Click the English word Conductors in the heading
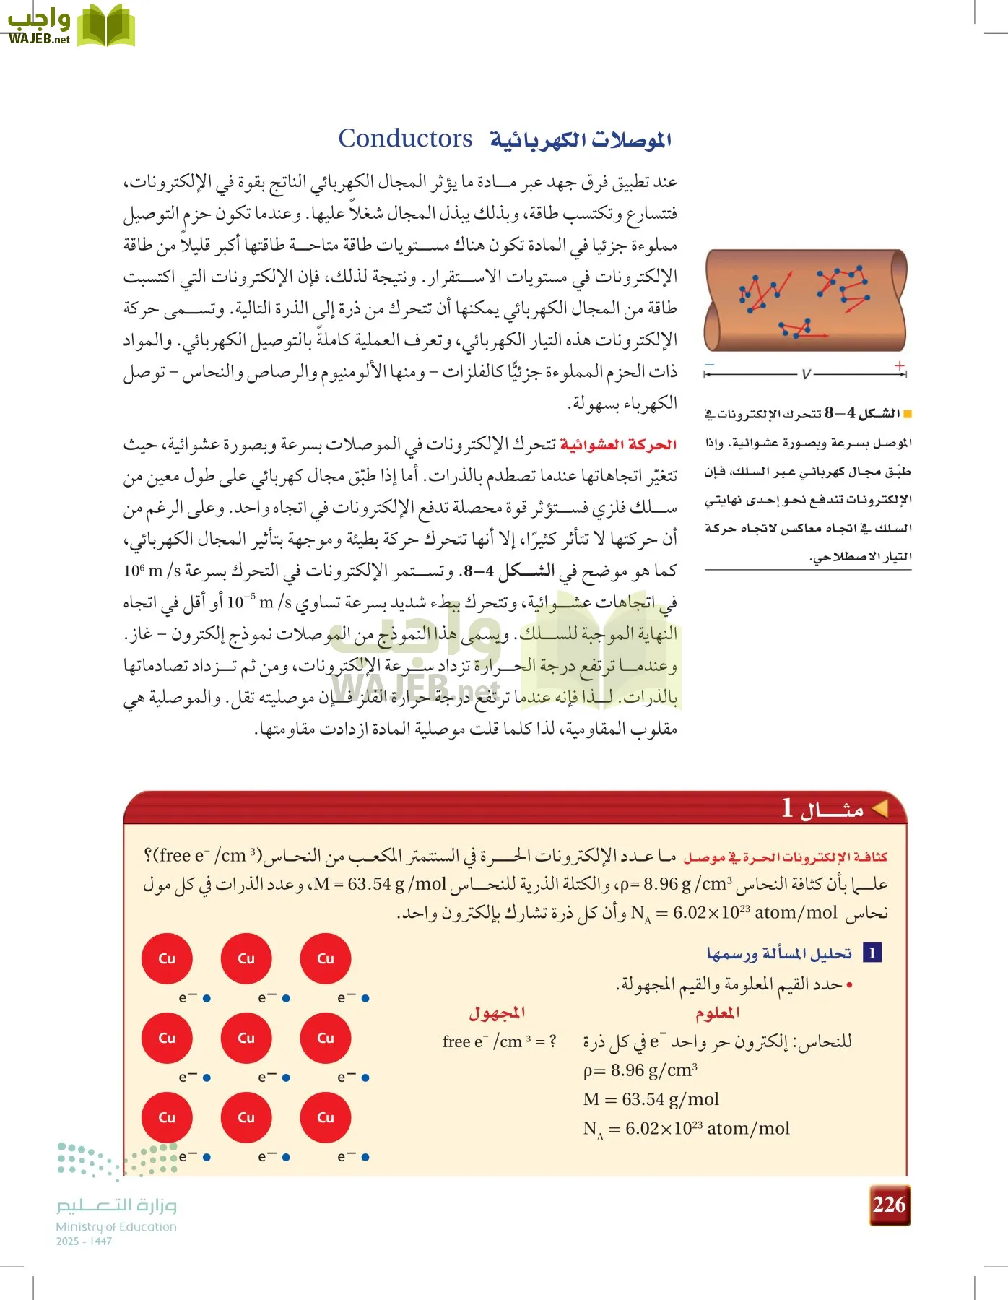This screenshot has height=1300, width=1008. pos(405,138)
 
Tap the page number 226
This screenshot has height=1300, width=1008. pos(889,1204)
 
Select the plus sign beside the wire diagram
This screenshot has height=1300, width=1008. pos(899,365)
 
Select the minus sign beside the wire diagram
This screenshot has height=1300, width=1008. pos(711,365)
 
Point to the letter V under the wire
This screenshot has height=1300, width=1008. pos(806,374)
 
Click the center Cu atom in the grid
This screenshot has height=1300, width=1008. pos(246,1038)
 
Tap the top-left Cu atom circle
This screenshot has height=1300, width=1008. pos(167,958)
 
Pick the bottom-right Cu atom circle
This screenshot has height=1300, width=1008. pos(326,1117)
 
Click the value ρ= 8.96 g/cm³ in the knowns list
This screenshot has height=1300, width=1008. pos(640,1070)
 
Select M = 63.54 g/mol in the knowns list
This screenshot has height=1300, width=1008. pos(651,1099)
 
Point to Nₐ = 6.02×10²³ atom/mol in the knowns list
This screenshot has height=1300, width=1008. pos(686,1129)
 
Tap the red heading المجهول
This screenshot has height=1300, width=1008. pos(497,1013)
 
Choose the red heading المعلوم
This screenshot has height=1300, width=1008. pos(717,1013)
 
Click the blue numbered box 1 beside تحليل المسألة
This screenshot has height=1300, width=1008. pos(872,953)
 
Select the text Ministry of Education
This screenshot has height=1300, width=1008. pos(116,1226)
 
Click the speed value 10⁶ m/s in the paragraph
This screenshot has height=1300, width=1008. pos(152,571)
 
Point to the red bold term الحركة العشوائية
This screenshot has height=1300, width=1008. pos(618,445)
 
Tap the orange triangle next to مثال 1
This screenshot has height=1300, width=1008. pos(879,809)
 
